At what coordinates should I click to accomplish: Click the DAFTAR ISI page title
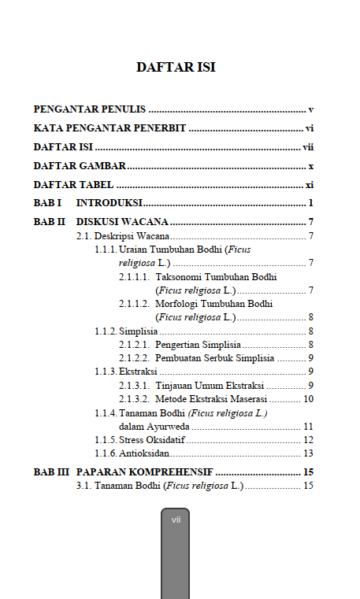[176, 67]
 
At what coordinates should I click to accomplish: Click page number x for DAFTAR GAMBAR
[311, 166]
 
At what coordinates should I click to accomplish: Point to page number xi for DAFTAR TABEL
[310, 185]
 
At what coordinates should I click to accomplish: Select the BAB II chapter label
[50, 222]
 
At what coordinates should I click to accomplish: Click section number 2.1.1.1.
[134, 277]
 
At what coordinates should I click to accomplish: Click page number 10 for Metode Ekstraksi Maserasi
[309, 398]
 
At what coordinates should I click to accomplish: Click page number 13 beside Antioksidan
[309, 453]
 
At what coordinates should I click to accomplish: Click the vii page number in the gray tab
[176, 520]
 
